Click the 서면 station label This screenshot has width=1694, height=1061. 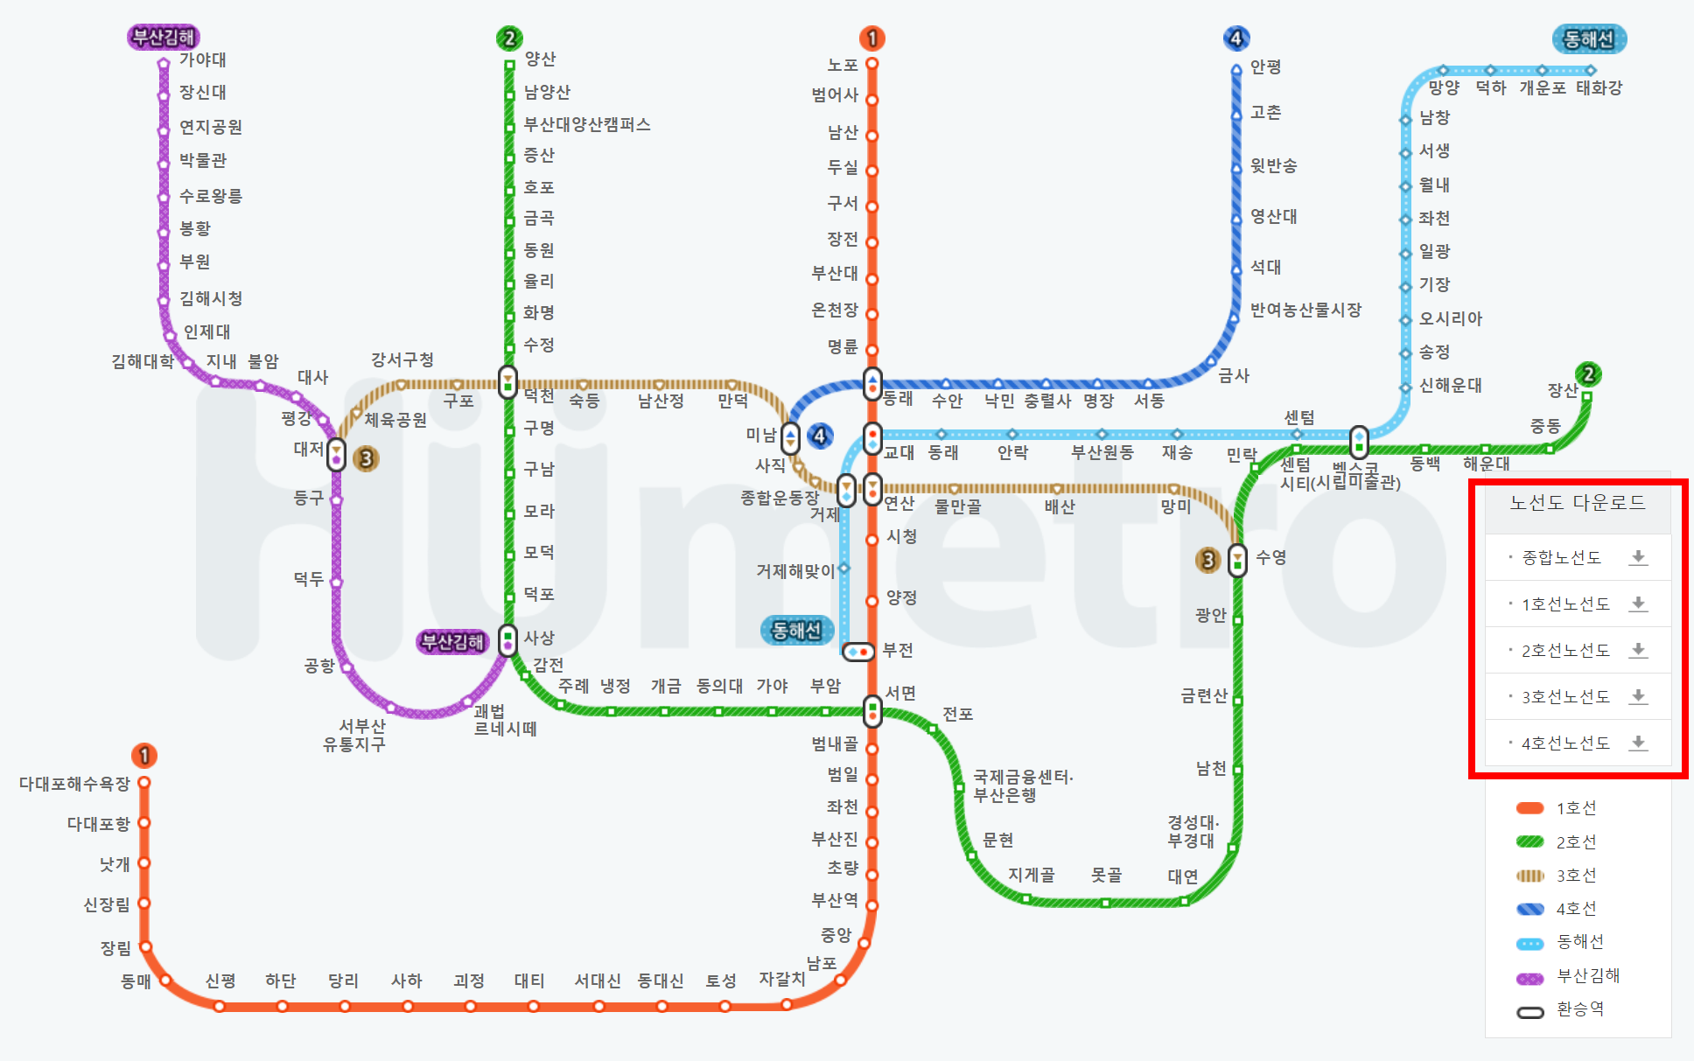point(900,693)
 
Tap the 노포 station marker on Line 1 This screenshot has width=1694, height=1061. point(871,64)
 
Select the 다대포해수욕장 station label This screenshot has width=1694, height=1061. point(74,784)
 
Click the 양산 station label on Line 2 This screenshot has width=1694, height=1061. point(540,59)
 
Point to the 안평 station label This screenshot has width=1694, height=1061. point(1265,66)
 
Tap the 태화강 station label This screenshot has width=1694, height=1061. point(1599,87)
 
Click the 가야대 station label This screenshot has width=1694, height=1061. point(202,59)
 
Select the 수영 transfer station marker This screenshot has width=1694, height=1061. point(1237,560)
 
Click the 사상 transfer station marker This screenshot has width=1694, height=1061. point(507,640)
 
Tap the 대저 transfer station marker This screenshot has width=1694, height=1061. point(336,455)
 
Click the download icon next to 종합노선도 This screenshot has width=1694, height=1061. point(1638,558)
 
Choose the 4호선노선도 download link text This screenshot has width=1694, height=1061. point(1565,743)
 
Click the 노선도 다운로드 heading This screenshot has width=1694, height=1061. point(1578,503)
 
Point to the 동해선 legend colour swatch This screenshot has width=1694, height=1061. point(1529,943)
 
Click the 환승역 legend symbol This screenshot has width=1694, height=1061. point(1529,1012)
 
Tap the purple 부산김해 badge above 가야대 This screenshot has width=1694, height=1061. point(164,37)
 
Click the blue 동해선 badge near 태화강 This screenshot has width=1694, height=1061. point(1588,39)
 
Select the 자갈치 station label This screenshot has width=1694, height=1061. point(781,979)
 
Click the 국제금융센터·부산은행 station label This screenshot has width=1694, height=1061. point(1022,785)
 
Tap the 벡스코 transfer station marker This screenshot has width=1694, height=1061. point(1358,442)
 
